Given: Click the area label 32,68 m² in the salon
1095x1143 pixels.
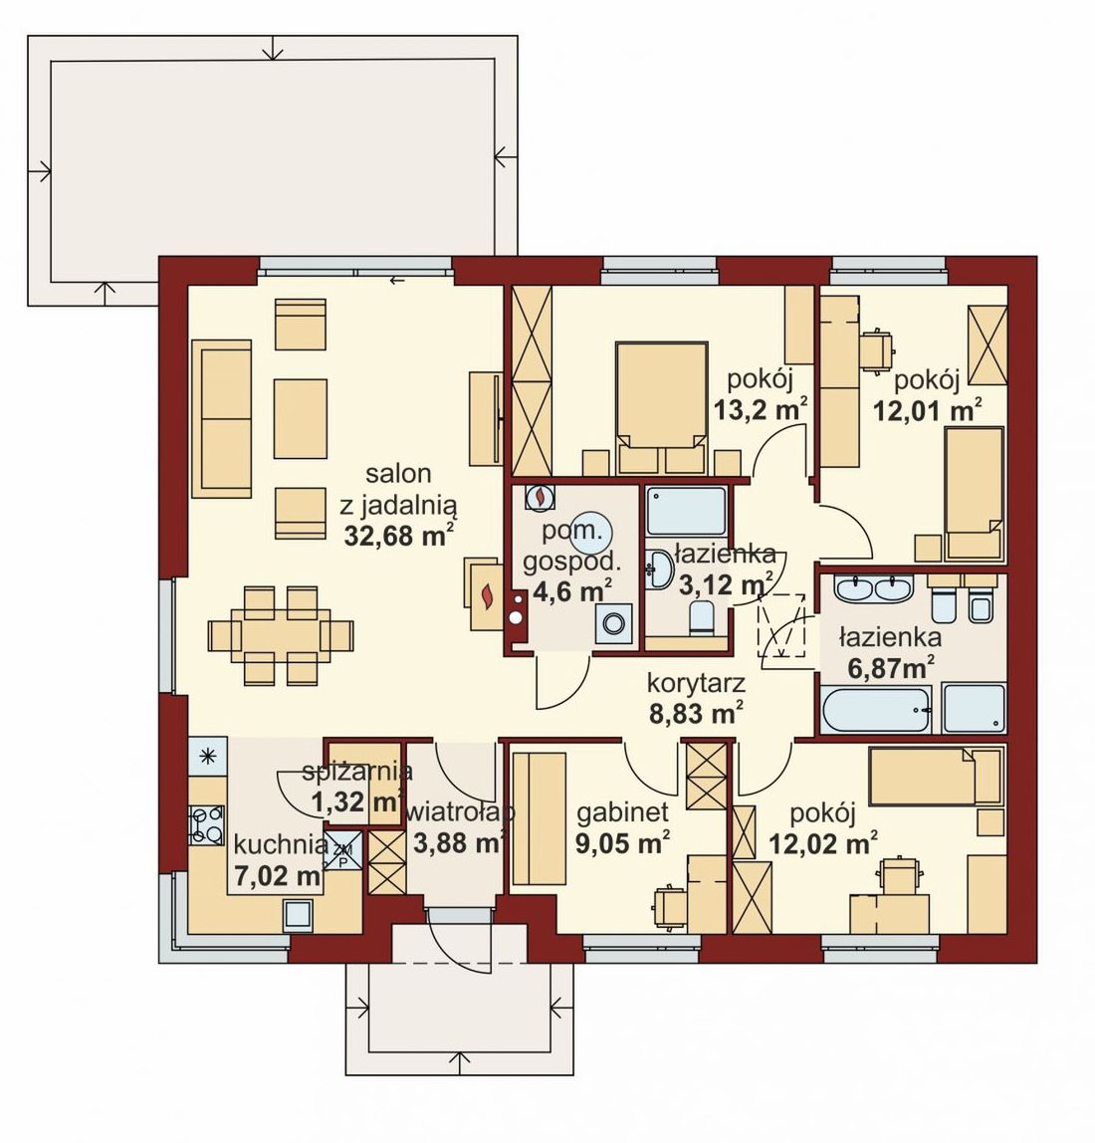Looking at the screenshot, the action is (399, 535).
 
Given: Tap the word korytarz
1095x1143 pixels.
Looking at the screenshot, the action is (696, 684).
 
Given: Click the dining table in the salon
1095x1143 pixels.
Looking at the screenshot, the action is (281, 635).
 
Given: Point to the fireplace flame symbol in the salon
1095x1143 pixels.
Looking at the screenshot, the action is (486, 595).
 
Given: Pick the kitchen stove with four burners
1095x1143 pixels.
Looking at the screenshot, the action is (207, 824).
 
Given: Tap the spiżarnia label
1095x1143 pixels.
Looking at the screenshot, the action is (357, 771).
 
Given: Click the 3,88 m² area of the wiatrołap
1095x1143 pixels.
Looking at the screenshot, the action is (459, 842).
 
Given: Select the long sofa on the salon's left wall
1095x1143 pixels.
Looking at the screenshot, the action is (222, 418).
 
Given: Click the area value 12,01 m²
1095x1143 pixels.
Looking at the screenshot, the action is (928, 411).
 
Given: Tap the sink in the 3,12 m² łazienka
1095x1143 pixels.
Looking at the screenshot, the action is (661, 568).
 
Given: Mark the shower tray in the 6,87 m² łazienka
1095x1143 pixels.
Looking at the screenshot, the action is (974, 709).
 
